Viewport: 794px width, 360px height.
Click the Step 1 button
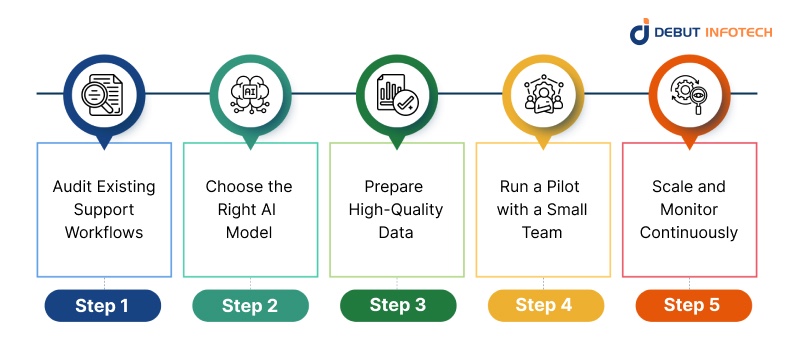click(102, 306)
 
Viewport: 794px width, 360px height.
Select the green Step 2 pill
click(250, 306)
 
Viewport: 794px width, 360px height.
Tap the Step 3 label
click(397, 306)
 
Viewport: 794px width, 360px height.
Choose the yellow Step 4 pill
click(545, 306)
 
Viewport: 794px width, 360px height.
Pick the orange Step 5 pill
click(691, 306)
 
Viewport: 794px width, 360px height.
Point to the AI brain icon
click(250, 92)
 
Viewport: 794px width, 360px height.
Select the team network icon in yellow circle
click(544, 92)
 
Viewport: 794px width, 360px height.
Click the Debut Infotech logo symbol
click(640, 32)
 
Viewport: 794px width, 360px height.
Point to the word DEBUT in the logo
click(681, 33)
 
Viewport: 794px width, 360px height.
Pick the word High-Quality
click(397, 210)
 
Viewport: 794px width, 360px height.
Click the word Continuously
click(690, 233)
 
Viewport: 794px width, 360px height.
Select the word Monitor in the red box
click(690, 210)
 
